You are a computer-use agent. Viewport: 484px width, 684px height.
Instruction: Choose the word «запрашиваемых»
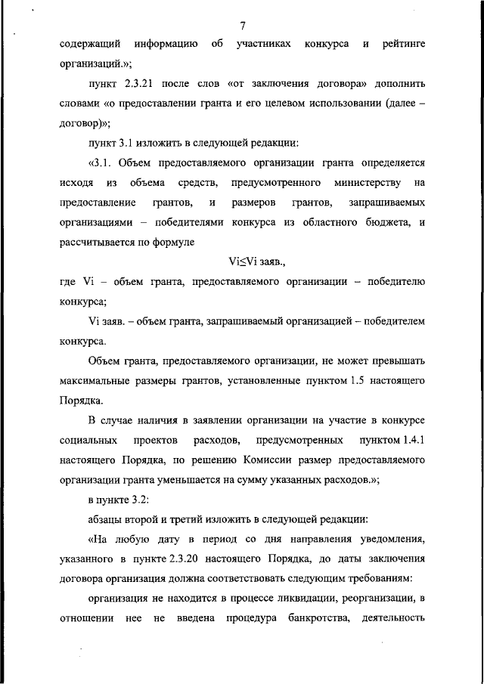click(x=386, y=203)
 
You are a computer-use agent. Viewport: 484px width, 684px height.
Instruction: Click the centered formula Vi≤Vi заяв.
click(x=258, y=262)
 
